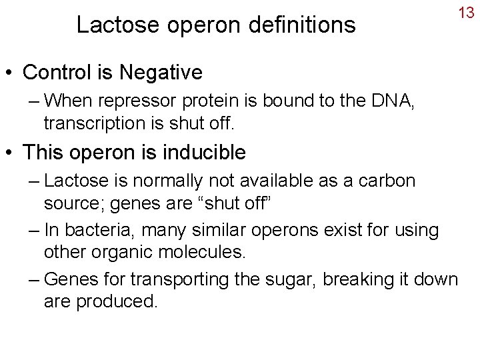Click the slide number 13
pyautogui.click(x=465, y=12)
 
